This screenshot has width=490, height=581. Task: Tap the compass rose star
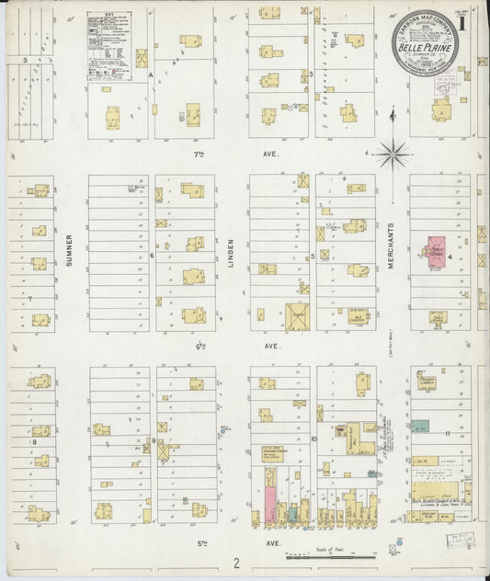(390, 150)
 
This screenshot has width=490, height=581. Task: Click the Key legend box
(109, 36)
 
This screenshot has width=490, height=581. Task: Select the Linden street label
(233, 255)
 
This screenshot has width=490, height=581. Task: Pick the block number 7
(30, 299)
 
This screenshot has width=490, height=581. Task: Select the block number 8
(34, 442)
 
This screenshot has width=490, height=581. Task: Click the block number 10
(313, 440)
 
